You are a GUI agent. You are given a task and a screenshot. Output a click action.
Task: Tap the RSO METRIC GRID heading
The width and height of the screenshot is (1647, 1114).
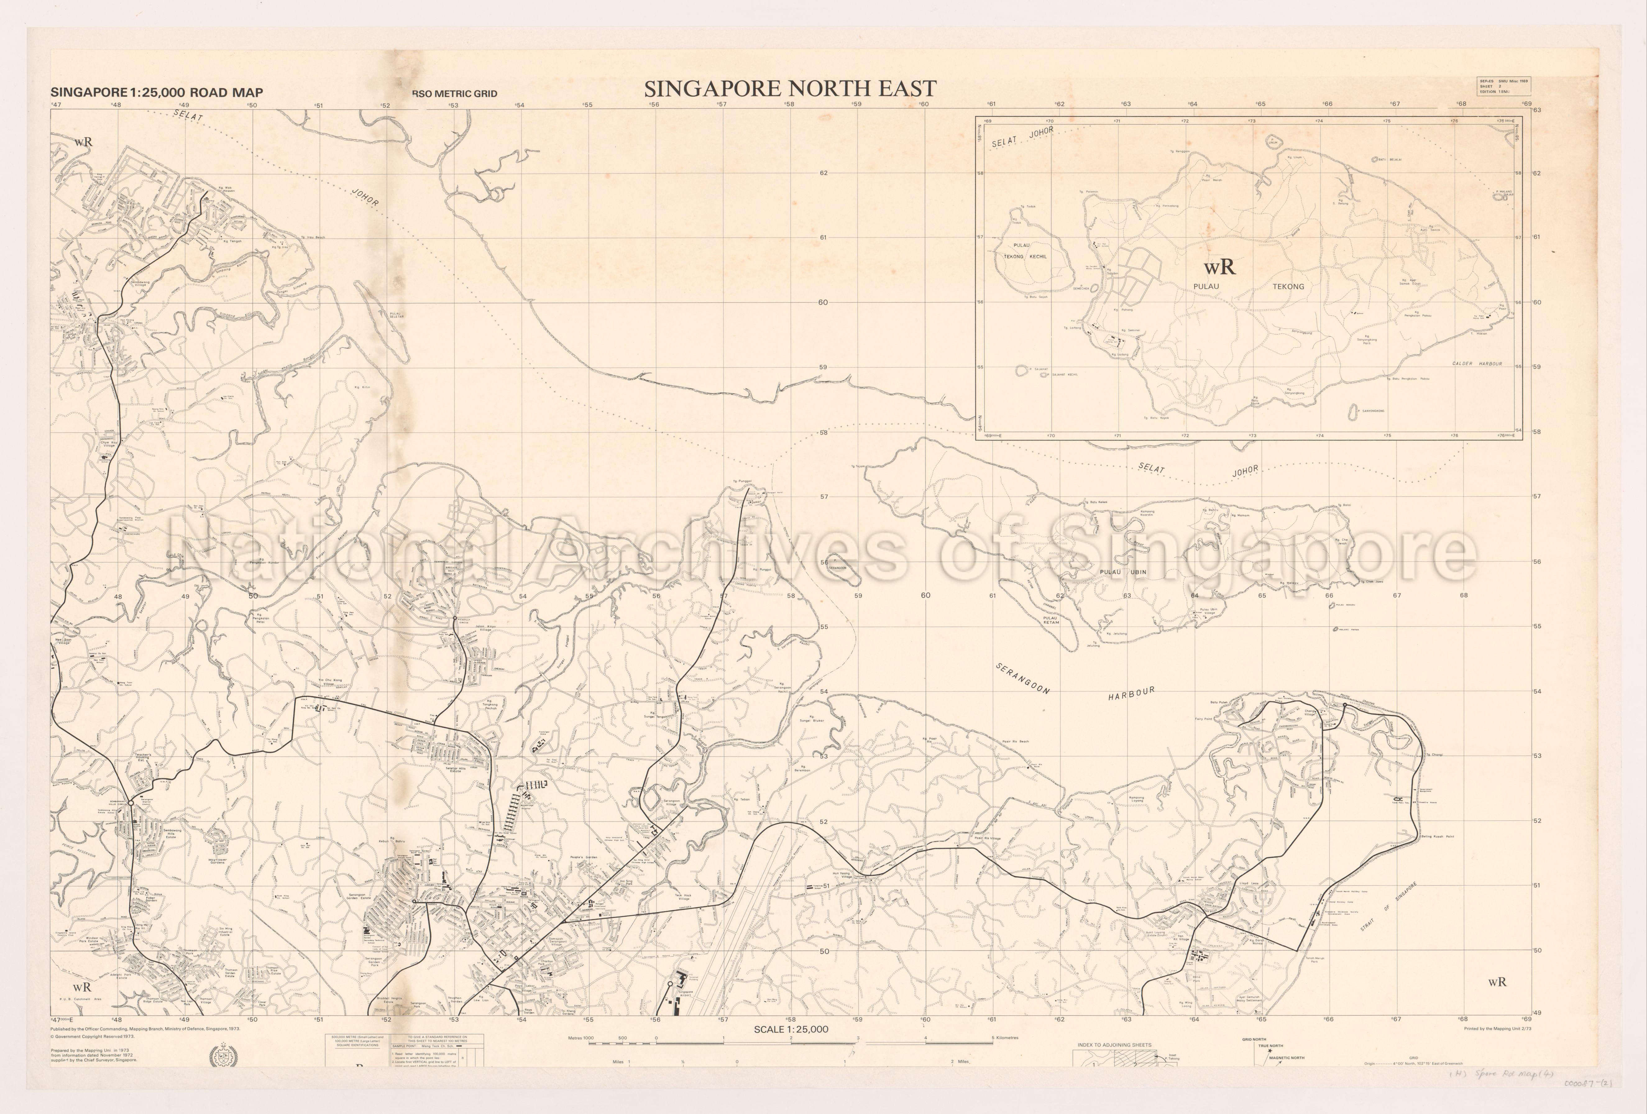[x=454, y=94]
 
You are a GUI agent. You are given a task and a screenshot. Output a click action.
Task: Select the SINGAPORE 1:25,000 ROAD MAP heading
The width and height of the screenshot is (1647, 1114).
[x=157, y=92]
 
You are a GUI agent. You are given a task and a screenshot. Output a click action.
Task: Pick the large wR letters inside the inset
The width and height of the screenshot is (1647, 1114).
[x=1219, y=267]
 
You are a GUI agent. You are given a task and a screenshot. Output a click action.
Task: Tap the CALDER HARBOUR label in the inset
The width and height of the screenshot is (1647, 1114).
[x=1477, y=364]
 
